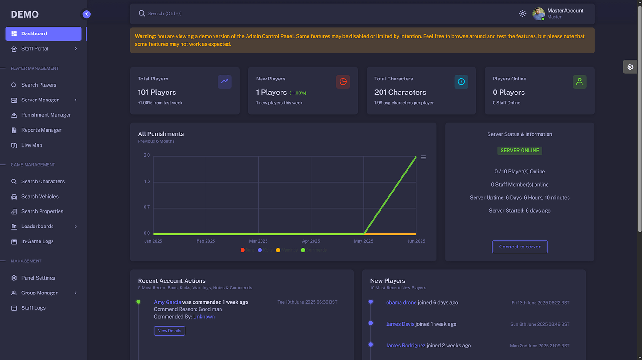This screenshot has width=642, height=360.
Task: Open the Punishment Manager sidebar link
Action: coord(46,115)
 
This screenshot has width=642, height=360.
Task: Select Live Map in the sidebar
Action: coord(32,145)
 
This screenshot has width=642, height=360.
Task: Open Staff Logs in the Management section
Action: coord(33,308)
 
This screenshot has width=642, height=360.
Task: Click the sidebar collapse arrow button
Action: coord(87,14)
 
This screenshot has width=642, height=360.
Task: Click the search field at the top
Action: coord(279,13)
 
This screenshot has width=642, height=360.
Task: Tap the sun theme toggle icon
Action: coord(522,13)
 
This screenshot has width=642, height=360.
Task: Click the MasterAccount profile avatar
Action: coord(538,14)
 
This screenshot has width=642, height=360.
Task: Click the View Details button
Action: coord(169,331)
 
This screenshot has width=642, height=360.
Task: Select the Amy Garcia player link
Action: coord(167,302)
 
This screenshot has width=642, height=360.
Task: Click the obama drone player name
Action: coord(401,303)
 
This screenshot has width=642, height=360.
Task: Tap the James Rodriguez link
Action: coord(406,346)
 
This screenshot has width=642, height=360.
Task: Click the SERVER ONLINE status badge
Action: coord(520,151)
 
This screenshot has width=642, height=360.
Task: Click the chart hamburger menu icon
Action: coord(423,157)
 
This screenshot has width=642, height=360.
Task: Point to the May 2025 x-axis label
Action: coord(363,241)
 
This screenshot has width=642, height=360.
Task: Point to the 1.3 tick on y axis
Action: coord(147,181)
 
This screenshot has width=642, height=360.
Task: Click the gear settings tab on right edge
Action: coord(630,67)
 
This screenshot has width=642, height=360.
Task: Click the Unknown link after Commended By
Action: coord(204,317)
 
